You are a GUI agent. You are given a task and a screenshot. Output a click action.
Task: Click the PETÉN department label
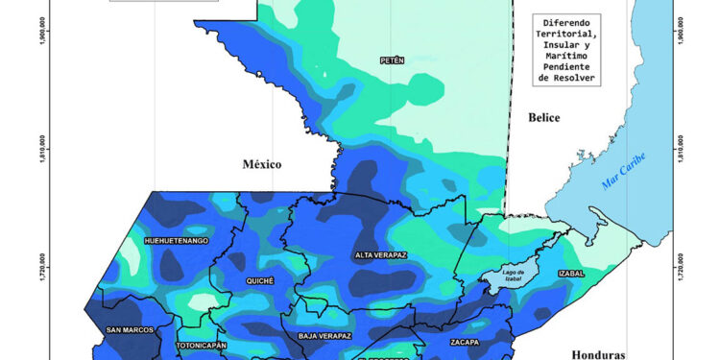[x=392, y=60]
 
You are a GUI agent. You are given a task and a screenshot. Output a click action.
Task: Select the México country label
[x=261, y=164]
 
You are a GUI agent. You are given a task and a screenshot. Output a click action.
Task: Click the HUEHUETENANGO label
[x=176, y=240]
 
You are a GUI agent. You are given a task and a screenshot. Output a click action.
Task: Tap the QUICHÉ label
[x=259, y=280]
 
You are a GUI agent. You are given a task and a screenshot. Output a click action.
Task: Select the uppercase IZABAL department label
[x=570, y=274]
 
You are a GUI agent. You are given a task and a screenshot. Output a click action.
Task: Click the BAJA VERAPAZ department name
[x=324, y=336]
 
